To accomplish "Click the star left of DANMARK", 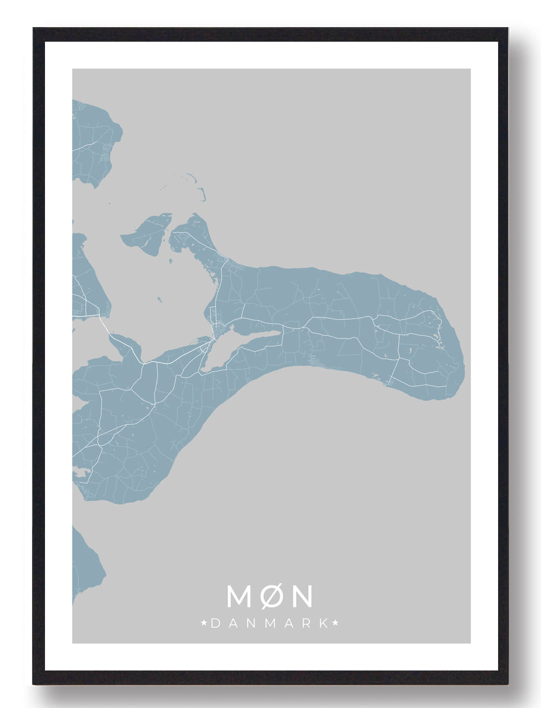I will (204, 624).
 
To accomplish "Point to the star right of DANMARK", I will (336, 624).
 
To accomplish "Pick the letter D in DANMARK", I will (215, 624).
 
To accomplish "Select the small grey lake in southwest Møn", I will (81, 472).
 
